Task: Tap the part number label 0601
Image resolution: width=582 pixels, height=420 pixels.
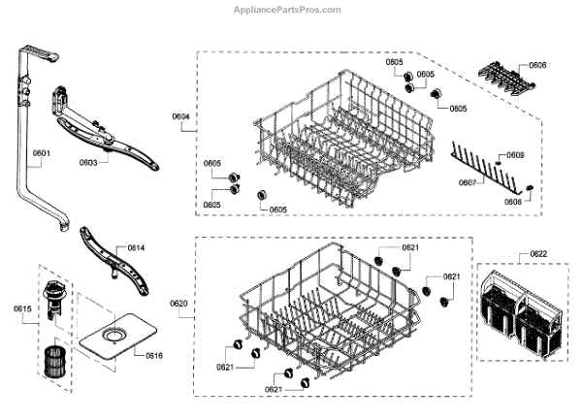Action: click(x=41, y=153)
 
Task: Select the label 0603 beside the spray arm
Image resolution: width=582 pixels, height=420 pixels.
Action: click(x=86, y=163)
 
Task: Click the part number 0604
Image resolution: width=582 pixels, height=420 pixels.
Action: click(x=180, y=117)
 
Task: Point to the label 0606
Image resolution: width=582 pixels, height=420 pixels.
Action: click(x=537, y=65)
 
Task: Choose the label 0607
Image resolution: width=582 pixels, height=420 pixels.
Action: click(x=467, y=181)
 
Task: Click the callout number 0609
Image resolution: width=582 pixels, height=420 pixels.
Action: click(x=515, y=155)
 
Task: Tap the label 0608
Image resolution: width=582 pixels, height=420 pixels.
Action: click(x=513, y=201)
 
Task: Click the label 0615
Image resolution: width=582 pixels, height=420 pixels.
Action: click(x=22, y=309)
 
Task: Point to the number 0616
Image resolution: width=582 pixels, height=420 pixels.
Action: click(x=153, y=355)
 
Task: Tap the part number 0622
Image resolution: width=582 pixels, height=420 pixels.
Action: click(x=537, y=254)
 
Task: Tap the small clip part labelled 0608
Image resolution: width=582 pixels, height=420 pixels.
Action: click(x=530, y=185)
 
